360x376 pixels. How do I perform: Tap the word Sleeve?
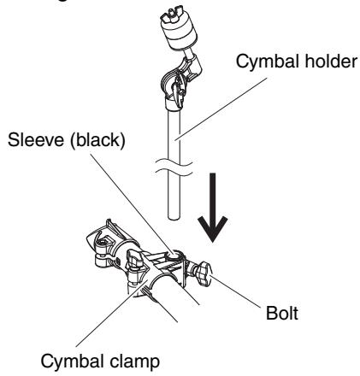pos(37,140)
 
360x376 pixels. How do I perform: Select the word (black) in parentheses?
pos(97,141)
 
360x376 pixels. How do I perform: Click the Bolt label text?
pos(281,314)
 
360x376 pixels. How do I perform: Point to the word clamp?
pos(133,362)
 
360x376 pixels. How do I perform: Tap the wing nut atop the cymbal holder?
pos(170,16)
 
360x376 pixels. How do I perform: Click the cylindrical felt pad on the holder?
pos(179,34)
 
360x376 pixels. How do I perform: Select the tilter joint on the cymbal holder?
pos(180,82)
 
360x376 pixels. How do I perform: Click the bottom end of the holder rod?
pos(174,217)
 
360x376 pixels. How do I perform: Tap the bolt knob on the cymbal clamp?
pos(204,273)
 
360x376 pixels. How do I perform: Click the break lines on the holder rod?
pos(174,168)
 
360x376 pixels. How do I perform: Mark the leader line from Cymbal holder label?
pos(221,109)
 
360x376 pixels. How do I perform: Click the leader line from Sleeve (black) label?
pos(132,203)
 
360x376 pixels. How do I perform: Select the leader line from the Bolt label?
pos(235,291)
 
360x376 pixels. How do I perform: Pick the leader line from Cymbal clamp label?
pos(111,313)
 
